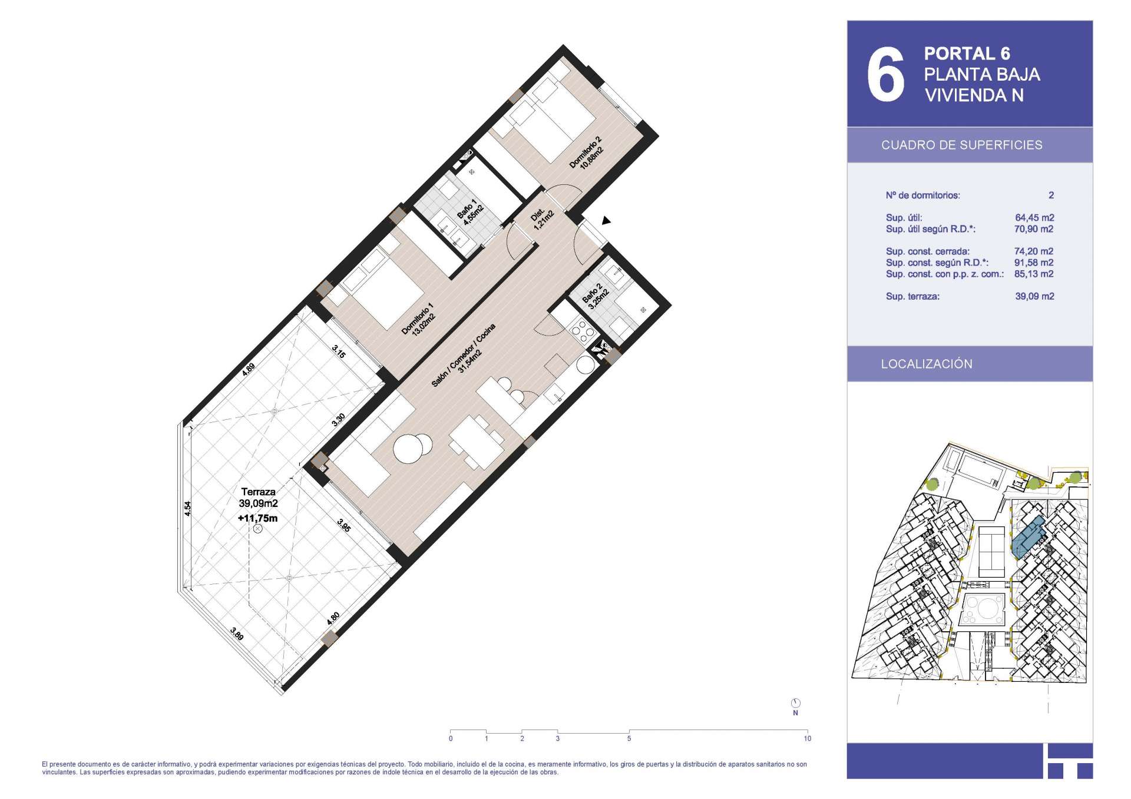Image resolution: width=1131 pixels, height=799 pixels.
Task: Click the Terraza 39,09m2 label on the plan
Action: tap(258, 498)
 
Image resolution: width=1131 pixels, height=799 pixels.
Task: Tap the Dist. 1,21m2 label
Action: tap(543, 217)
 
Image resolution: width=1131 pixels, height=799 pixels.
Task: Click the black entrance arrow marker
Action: tap(606, 221)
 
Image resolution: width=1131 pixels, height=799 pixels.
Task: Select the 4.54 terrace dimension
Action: tap(187, 509)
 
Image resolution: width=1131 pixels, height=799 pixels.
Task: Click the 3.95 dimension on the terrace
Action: tap(344, 525)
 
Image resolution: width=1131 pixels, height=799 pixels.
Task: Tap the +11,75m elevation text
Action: tap(257, 519)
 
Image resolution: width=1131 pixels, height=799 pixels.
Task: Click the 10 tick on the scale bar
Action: tap(807, 738)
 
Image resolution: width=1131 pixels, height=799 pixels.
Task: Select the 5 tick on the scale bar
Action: tap(629, 738)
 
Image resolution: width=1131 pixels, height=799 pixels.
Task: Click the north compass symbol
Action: tap(796, 703)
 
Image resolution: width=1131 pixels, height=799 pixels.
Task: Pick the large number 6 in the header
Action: tap(885, 74)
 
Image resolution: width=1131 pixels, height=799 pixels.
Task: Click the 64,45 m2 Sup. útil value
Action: tap(1034, 218)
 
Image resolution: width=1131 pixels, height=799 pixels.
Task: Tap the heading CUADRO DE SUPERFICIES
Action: tap(961, 145)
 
